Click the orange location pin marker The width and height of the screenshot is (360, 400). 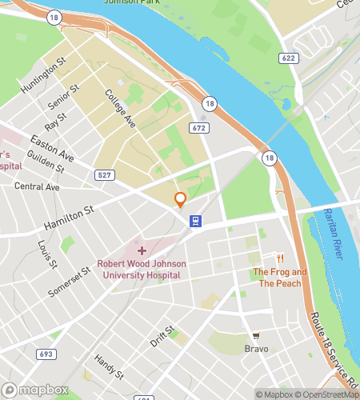point(181,200)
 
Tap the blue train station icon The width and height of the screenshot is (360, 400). point(194,221)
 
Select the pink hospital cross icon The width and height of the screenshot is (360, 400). point(142,251)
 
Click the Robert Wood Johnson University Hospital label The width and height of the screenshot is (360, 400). point(138,270)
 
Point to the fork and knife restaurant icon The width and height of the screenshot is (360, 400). point(280,258)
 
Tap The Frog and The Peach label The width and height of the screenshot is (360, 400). point(280,278)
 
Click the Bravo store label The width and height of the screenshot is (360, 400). point(256,349)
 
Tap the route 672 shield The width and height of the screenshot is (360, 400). point(199,128)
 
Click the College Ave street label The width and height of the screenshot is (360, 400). point(119,107)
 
